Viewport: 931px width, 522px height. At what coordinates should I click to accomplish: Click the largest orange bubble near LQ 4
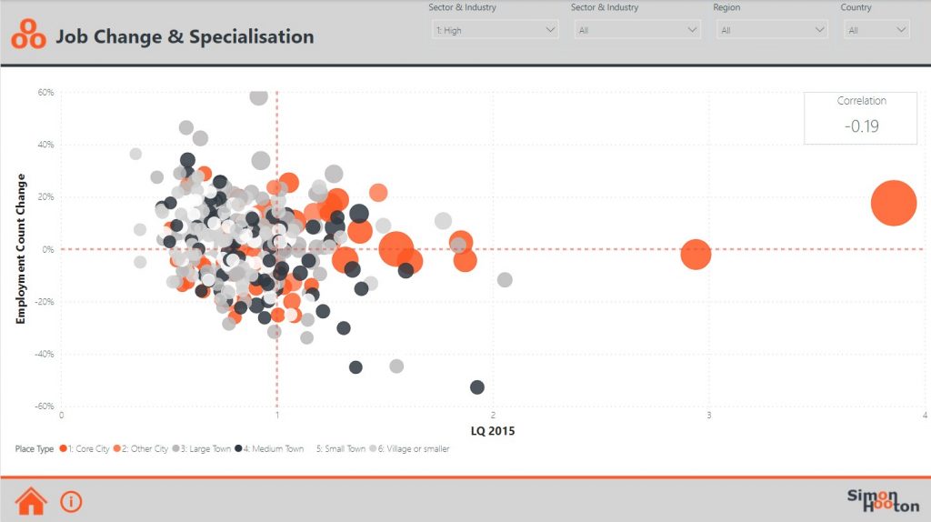coord(893,203)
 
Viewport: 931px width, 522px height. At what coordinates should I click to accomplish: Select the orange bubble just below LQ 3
coord(696,255)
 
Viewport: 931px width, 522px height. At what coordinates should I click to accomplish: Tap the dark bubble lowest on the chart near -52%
coord(477,387)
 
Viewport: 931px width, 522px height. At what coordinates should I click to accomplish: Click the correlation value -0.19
coord(861,126)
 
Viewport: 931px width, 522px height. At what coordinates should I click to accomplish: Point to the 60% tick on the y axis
coord(45,92)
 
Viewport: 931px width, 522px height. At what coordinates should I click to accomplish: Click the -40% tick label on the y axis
coord(44,354)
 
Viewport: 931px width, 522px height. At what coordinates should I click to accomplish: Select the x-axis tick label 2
coord(493,416)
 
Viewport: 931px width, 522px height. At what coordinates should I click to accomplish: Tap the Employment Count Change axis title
coord(19,248)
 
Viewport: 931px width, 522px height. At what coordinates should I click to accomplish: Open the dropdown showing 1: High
coord(496,30)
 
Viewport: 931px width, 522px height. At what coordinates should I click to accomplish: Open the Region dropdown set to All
coord(771,30)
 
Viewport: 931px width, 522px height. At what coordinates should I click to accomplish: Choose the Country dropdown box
coord(876,30)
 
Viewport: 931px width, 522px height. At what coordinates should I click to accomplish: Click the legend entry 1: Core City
coord(85,448)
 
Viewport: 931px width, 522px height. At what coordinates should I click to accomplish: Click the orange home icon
coord(31,500)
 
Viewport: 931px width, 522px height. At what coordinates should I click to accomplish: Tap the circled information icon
coord(71,500)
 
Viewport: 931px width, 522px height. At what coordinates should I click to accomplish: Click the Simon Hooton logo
coord(883,500)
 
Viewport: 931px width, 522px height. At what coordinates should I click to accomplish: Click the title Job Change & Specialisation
coord(185,37)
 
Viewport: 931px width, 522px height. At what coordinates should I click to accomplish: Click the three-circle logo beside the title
coord(28,35)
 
